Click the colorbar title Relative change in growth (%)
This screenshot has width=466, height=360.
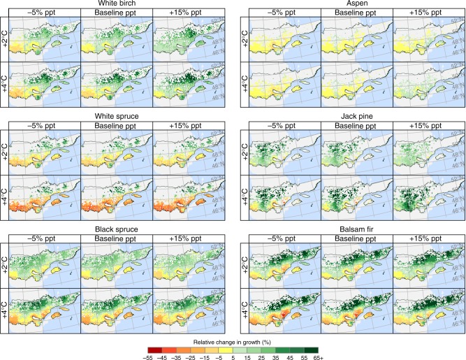pyautogui.click(x=232, y=335)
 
